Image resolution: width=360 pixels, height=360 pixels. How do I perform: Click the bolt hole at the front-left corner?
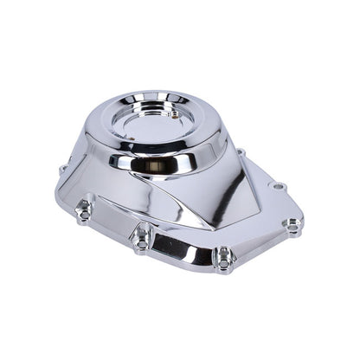(x=84, y=209)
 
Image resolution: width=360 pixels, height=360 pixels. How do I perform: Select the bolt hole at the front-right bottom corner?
(x=223, y=255)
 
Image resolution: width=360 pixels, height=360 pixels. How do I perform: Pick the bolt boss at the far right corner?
(x=293, y=225)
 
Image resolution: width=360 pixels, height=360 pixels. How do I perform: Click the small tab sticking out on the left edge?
(x=63, y=170)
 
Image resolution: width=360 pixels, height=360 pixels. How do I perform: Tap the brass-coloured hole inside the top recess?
(x=174, y=112)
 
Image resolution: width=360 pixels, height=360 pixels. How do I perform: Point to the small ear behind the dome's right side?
(x=241, y=153)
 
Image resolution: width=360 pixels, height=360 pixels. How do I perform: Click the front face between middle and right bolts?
(x=183, y=247)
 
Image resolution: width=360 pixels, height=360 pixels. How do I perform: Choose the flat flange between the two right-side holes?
(x=286, y=204)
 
